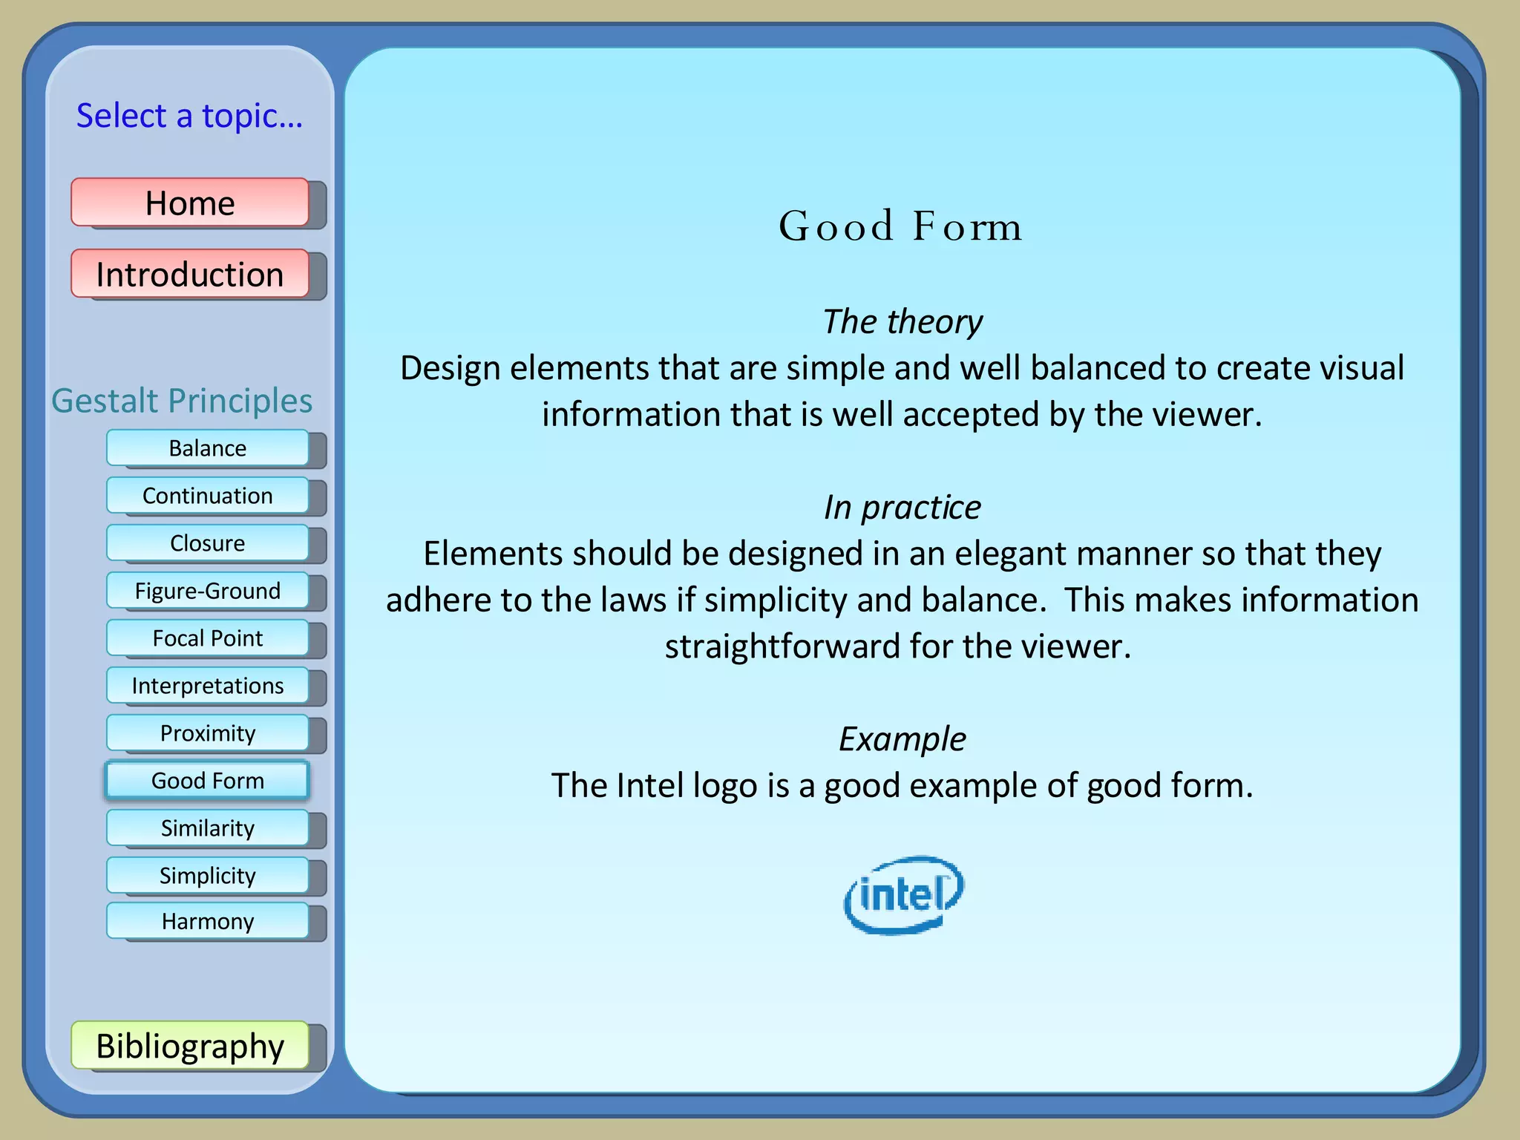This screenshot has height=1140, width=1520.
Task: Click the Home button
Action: pos(190,203)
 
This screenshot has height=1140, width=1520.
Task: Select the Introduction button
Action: pos(190,274)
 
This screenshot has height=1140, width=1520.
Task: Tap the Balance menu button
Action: pos(207,448)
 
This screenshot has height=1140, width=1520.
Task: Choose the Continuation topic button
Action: pos(207,496)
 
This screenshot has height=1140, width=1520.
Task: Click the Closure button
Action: pos(207,543)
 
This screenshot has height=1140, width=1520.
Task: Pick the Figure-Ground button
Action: pos(207,591)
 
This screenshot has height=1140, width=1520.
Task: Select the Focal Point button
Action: pos(207,638)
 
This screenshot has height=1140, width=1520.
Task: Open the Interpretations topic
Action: pos(207,686)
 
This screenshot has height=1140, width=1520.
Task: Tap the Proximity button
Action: pos(207,733)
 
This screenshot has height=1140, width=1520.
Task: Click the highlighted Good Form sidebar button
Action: pos(207,781)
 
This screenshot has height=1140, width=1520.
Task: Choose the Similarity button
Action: pos(207,828)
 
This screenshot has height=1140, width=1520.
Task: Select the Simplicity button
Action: pos(207,876)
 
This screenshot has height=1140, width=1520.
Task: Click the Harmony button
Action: pos(207,922)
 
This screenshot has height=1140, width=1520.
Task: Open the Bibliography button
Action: pos(190,1046)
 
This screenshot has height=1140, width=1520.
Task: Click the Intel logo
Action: pos(903,894)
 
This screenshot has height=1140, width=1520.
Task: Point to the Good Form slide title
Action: pos(901,226)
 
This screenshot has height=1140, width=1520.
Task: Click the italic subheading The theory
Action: pos(902,322)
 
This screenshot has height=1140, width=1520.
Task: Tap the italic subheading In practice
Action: pos(902,508)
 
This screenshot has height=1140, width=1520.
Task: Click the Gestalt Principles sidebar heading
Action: pos(182,401)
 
